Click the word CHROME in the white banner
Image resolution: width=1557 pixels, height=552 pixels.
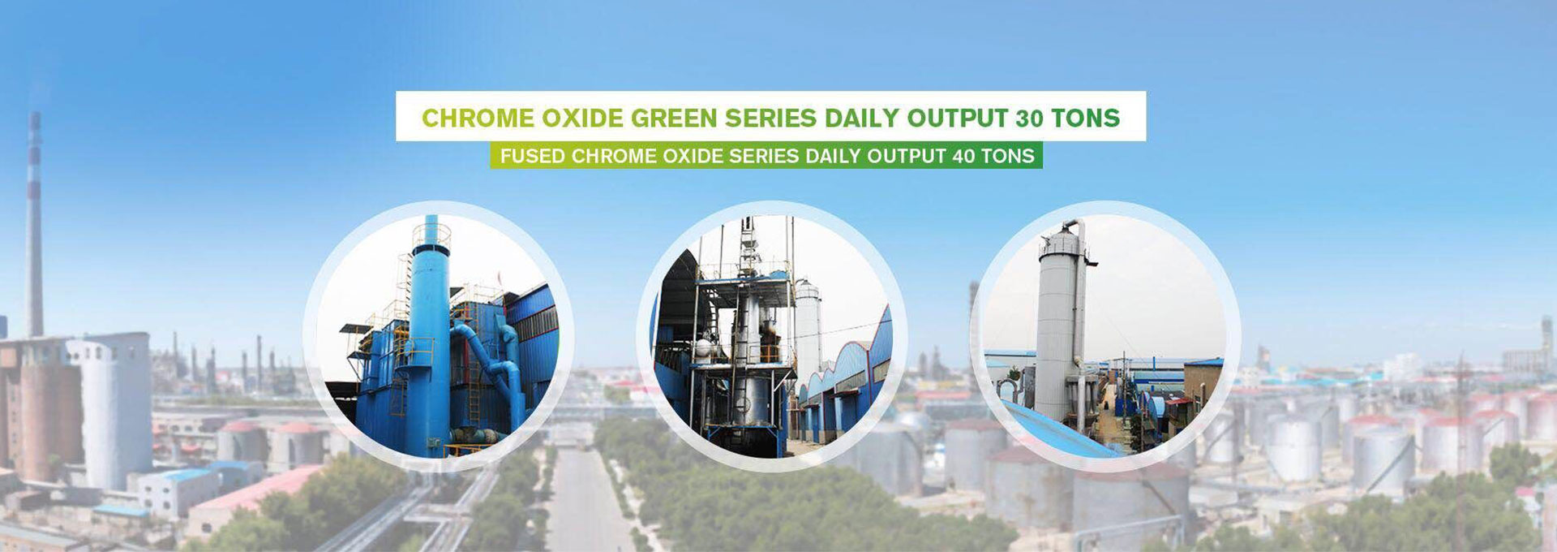coord(478,119)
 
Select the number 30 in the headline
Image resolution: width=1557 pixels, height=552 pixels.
coord(1029,119)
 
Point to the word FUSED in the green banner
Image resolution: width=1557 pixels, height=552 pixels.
coord(532,156)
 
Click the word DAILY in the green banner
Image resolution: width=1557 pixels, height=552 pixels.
coord(833,156)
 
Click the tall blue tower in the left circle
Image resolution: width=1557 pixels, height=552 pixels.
coord(430,333)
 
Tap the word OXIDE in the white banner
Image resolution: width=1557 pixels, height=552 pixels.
coord(582,119)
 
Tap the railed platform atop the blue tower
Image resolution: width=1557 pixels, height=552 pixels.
coord(431,235)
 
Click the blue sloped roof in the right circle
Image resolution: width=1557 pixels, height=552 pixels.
coord(1046,430)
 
